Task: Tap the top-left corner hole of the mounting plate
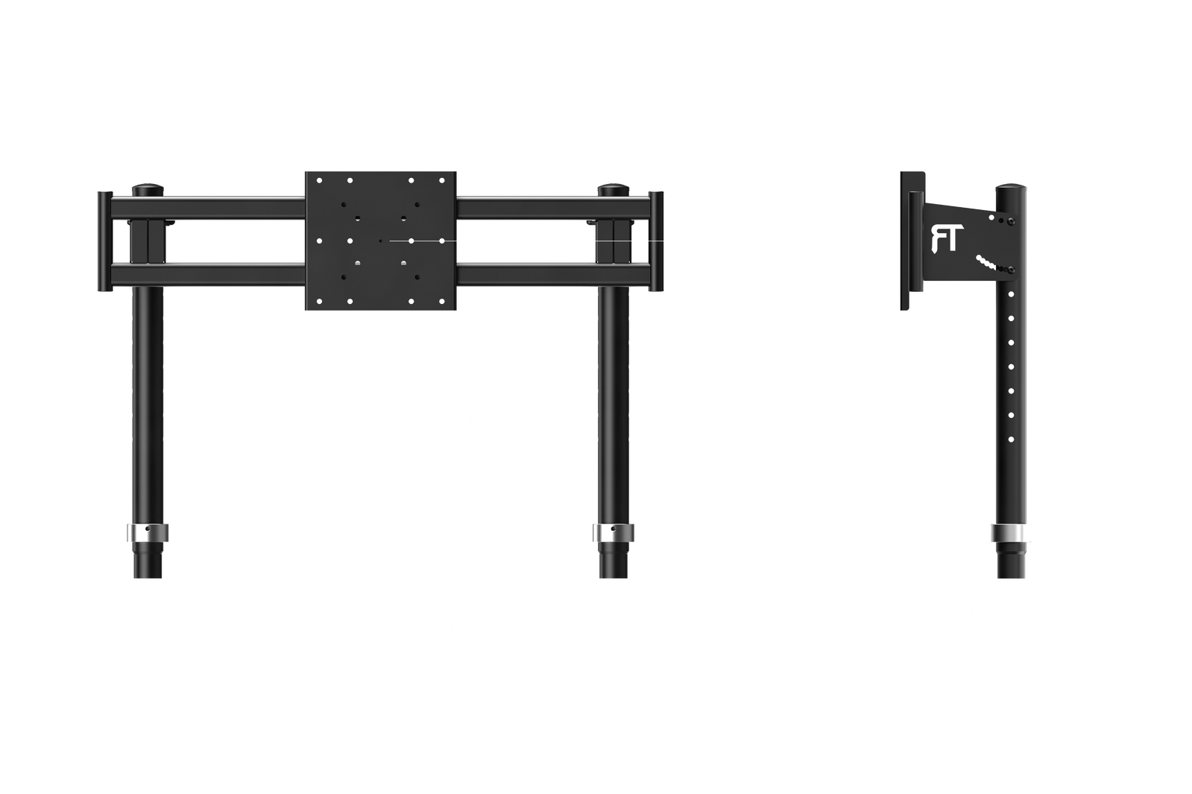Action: pyautogui.click(x=319, y=180)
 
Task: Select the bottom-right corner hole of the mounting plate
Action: pyautogui.click(x=442, y=302)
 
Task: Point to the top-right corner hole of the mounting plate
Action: pyautogui.click(x=442, y=180)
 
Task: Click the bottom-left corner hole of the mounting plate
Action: pyautogui.click(x=319, y=302)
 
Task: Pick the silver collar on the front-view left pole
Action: pyautogui.click(x=148, y=533)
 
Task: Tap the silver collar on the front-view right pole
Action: pyautogui.click(x=614, y=533)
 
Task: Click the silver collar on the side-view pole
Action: pyautogui.click(x=1009, y=533)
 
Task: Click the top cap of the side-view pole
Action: pyautogui.click(x=1011, y=188)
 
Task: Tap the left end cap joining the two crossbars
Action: pyautogui.click(x=105, y=241)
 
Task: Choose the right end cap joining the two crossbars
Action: pyautogui.click(x=656, y=241)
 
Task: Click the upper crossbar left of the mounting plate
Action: pyautogui.click(x=207, y=207)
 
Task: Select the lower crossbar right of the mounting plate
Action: pyautogui.click(x=553, y=274)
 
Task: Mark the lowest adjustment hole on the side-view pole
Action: pyautogui.click(x=1011, y=439)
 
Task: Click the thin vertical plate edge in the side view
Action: pyautogui.click(x=905, y=241)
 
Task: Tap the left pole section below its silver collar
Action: pyautogui.click(x=148, y=560)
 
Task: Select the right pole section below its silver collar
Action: pyautogui.click(x=614, y=560)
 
